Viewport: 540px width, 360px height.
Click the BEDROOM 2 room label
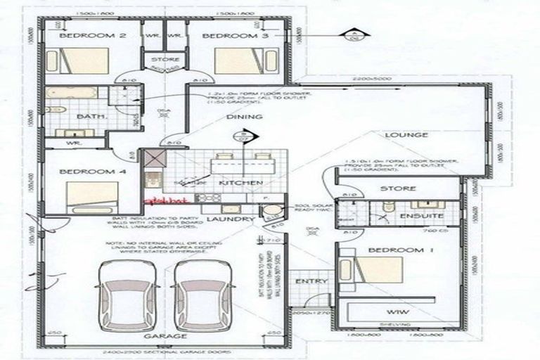83,36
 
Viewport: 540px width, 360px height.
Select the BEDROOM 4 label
82,171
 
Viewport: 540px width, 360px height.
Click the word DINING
244,117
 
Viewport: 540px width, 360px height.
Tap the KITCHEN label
240,183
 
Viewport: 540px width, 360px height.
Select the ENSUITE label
421,216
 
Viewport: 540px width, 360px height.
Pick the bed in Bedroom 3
240,60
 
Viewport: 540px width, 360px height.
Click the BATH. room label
91,117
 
